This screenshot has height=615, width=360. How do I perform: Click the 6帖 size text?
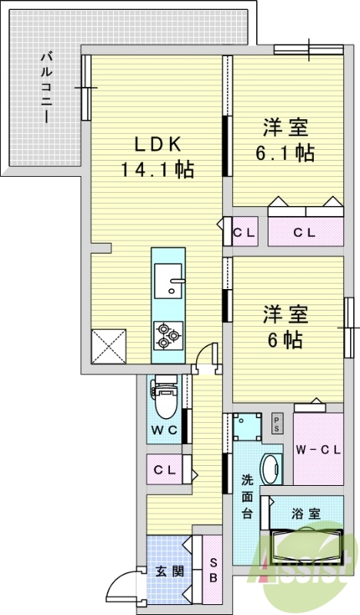coord(285,338)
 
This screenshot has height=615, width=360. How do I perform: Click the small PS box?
coord(276,424)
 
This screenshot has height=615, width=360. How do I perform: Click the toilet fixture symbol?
coord(165,396)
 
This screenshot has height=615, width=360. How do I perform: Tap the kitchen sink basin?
coord(167,280)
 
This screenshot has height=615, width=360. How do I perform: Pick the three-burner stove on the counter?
coord(168,333)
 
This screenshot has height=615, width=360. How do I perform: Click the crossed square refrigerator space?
coord(108,345)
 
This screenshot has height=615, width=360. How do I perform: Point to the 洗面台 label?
coord(247,496)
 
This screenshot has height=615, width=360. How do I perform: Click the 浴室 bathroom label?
coord(306,514)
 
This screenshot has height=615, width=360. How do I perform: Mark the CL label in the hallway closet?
coord(164,469)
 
